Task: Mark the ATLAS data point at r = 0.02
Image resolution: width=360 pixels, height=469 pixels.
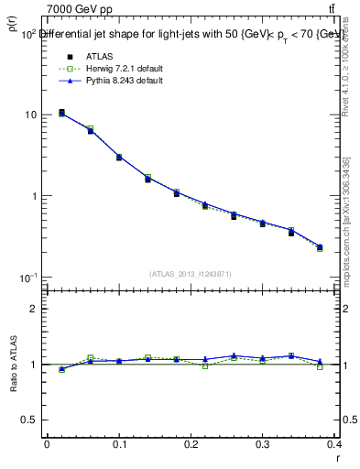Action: tap(61, 113)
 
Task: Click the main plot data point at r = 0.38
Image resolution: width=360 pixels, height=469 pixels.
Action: tap(320, 247)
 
